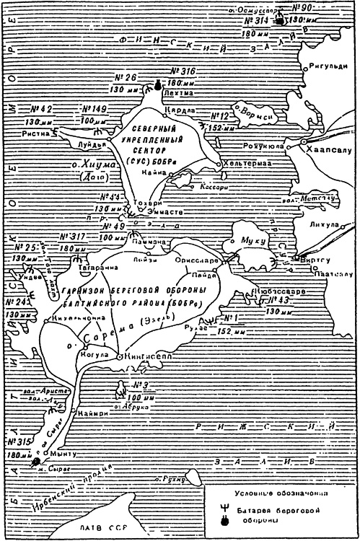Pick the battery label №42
(40, 109)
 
